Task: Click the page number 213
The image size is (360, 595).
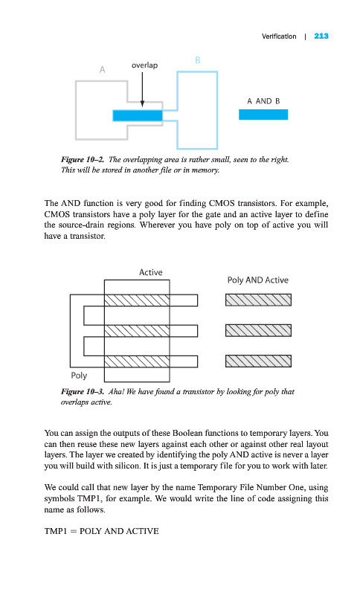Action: (x=321, y=36)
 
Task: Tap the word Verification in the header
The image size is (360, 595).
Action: (x=279, y=36)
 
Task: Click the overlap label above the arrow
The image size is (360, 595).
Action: (x=144, y=65)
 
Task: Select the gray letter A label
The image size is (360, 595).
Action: (x=102, y=70)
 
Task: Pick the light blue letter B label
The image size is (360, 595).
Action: (x=198, y=60)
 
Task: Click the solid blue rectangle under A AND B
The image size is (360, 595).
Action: (x=263, y=115)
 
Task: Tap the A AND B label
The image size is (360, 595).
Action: (x=263, y=101)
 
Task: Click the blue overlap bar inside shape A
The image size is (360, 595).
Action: (x=138, y=116)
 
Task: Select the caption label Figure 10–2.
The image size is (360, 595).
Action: (x=83, y=159)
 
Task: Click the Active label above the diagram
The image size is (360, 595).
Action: (x=150, y=272)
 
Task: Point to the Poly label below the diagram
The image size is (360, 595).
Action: (x=79, y=376)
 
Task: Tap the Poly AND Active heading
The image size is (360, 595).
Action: (x=258, y=280)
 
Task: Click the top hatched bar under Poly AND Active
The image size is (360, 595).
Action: (x=258, y=300)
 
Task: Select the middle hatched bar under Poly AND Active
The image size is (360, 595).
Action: (x=258, y=330)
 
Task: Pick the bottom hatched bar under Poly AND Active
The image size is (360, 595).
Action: (x=258, y=361)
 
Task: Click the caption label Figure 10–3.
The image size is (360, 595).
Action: (x=83, y=392)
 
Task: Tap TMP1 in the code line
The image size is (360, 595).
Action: (x=55, y=531)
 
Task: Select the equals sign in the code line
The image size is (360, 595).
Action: (x=73, y=531)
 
